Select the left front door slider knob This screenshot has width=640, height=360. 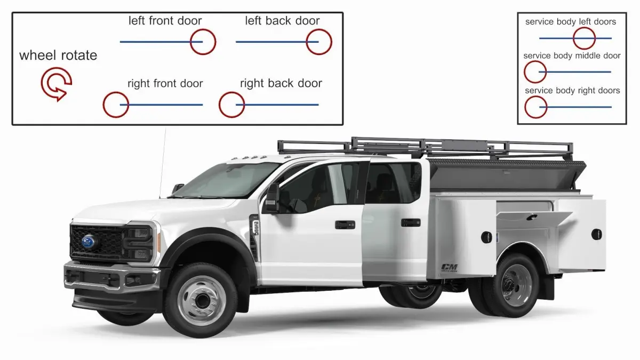(203, 42)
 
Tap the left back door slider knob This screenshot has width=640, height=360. (319, 42)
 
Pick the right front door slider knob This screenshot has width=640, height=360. (116, 105)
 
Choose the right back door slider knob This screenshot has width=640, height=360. (231, 105)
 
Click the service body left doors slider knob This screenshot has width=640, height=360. (584, 38)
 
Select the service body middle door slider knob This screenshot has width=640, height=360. (535, 71)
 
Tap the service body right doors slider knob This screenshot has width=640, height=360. (535, 107)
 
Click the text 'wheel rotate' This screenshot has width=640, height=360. (58, 55)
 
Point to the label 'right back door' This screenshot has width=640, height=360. (281, 83)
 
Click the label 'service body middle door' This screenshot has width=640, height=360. (572, 55)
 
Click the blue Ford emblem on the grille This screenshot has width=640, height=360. (89, 242)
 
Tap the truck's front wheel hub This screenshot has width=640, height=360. (202, 300)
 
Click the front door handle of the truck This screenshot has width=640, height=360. (345, 225)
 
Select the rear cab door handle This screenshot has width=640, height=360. (411, 222)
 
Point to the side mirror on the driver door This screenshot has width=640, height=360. (271, 198)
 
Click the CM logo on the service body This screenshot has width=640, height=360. (450, 268)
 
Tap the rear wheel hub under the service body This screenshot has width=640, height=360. (514, 285)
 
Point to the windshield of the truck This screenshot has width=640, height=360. (226, 180)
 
